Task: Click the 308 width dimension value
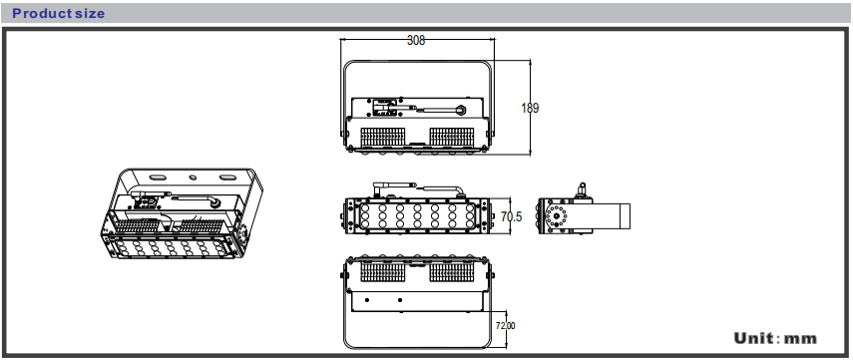[416, 40]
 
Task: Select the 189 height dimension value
[530, 109]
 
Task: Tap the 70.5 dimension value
[512, 217]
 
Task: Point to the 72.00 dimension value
[506, 326]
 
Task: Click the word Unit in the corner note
[753, 338]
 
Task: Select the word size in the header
[90, 14]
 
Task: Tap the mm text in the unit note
[800, 339]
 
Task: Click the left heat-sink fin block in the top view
[383, 137]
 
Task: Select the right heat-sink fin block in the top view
[452, 137]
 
